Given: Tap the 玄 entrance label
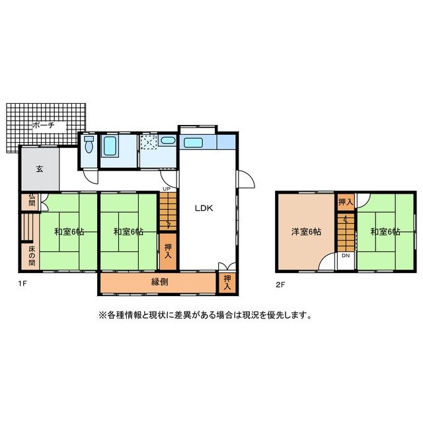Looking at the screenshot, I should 39,169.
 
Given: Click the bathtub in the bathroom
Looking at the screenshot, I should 110,146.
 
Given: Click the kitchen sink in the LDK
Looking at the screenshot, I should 194,142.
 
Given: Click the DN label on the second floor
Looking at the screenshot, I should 345,255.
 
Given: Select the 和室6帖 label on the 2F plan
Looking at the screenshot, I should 385,232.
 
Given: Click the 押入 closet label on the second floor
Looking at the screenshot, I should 345,201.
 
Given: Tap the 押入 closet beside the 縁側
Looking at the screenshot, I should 227,282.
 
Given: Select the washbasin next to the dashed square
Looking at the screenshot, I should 168,140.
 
